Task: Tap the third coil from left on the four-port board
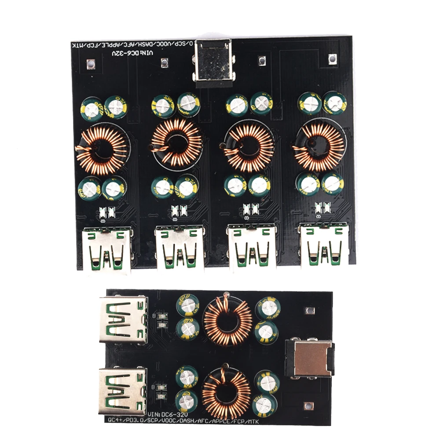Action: click(x=249, y=147)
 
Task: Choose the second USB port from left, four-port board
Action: click(x=179, y=249)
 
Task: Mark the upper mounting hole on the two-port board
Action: click(x=311, y=311)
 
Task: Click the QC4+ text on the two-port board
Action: click(x=116, y=420)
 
